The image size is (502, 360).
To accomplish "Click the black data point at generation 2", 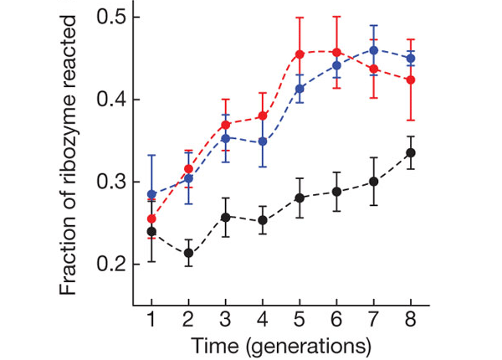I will tap(188, 253).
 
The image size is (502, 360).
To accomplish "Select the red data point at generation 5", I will tap(299, 54).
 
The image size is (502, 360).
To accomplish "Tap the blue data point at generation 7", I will tap(374, 50).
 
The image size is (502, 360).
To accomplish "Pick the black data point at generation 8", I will tap(410, 152).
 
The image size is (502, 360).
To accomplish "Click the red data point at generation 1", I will tap(151, 219).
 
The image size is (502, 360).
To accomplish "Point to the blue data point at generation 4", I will tap(262, 141).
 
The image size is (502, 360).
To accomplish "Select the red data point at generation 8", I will tap(410, 80).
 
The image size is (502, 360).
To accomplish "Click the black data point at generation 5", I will tap(299, 198).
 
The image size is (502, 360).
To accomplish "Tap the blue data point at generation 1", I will tap(151, 194).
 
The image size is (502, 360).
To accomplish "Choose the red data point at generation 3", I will tap(225, 125).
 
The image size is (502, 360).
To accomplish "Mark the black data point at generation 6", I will tap(336, 192).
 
